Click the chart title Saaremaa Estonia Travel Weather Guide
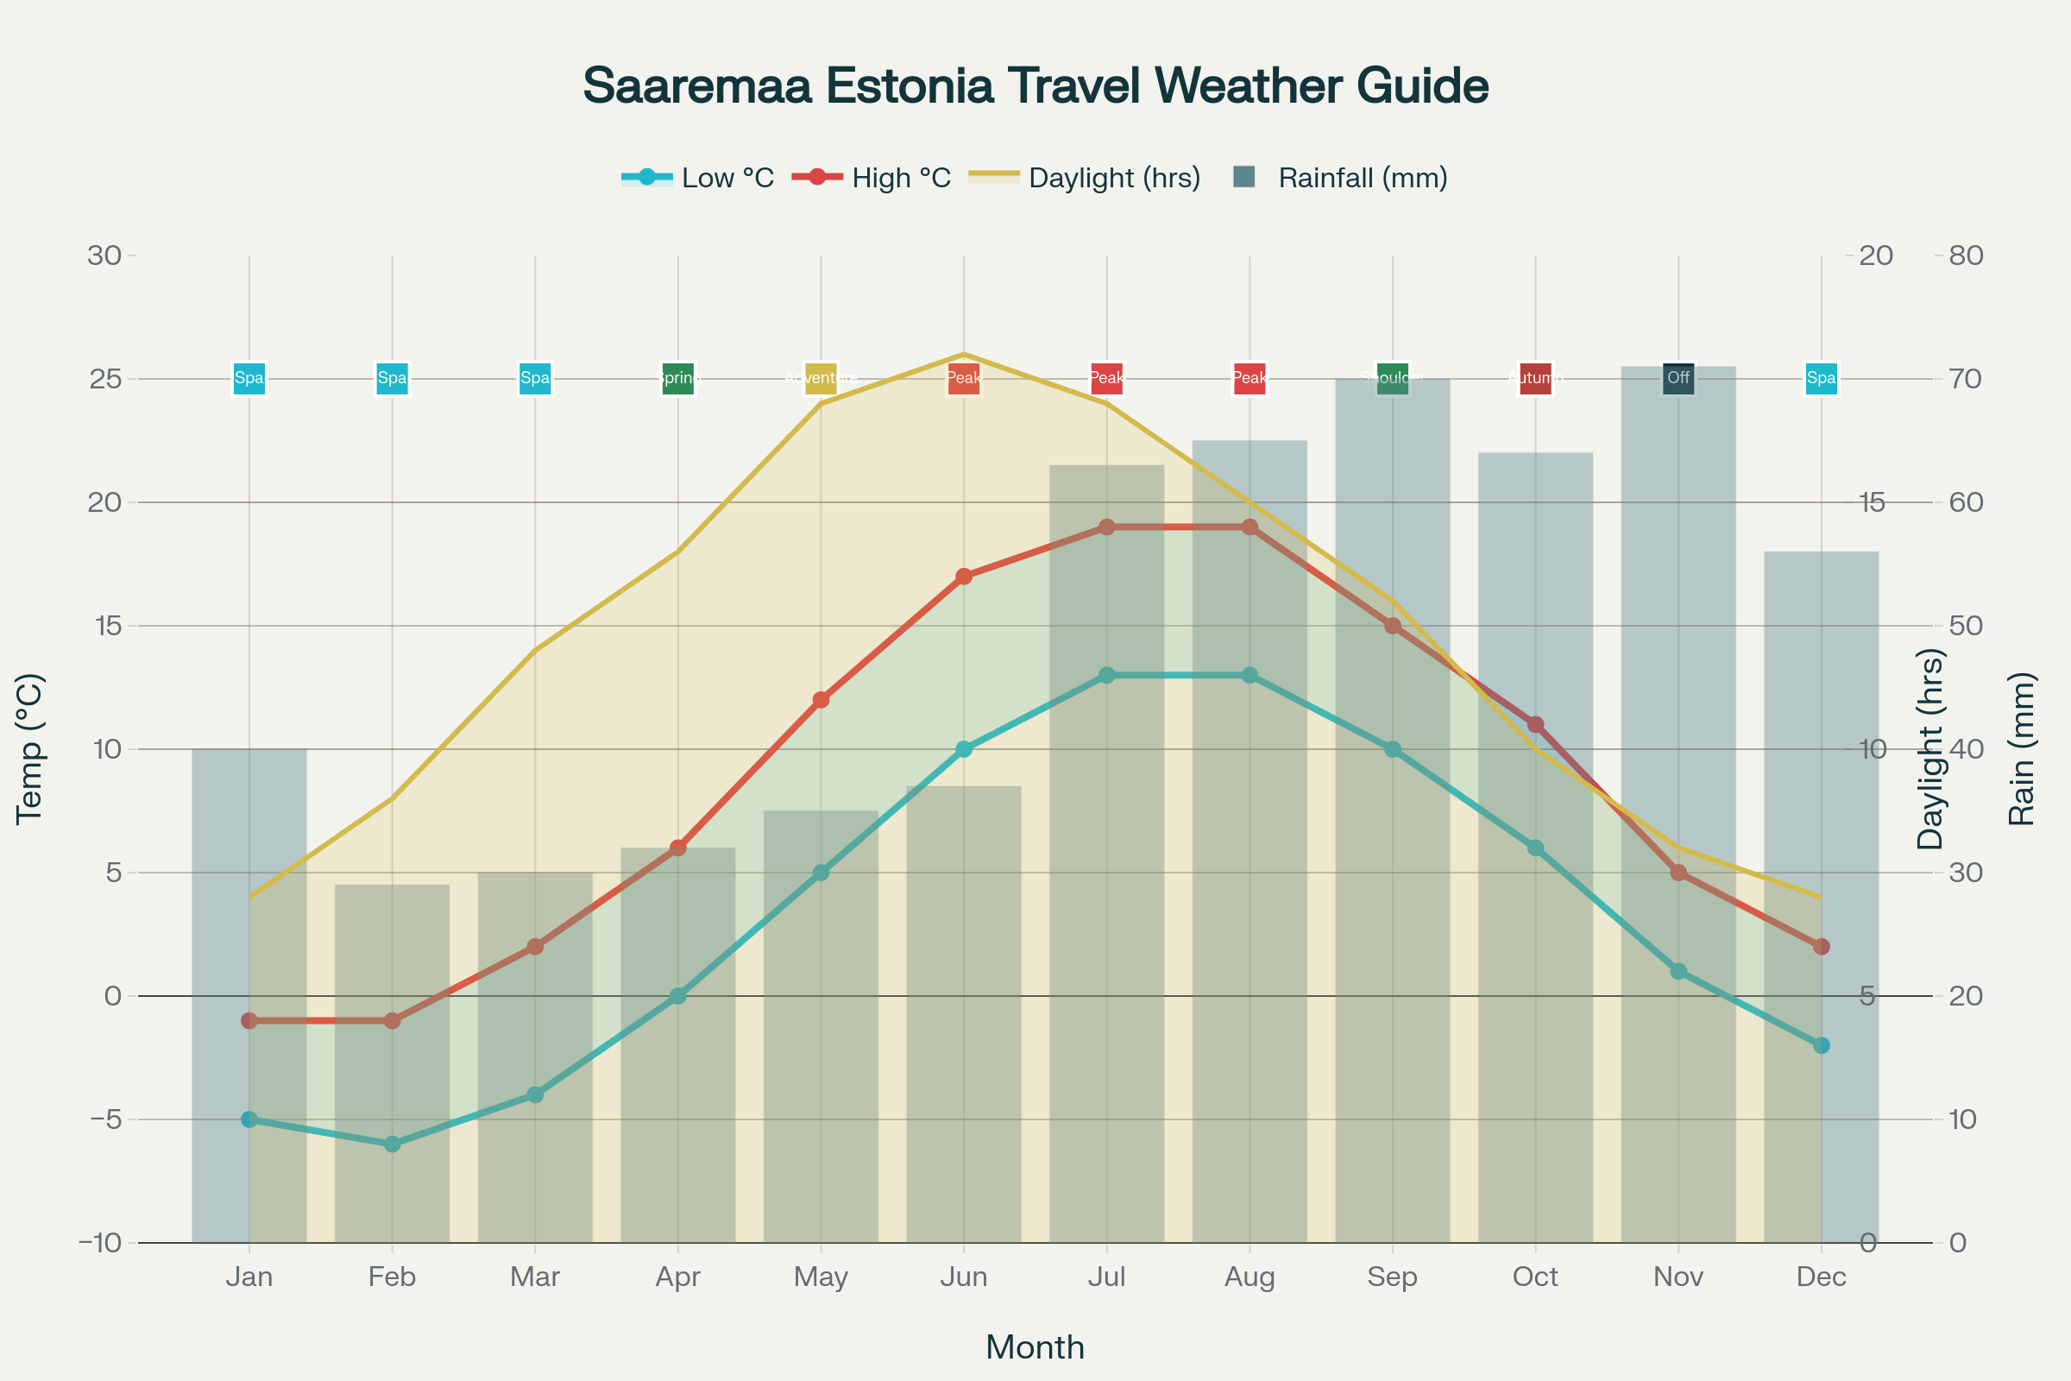pos(1035,86)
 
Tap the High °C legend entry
pos(872,178)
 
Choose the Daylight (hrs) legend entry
pos(1085,178)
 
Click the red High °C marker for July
pos(1107,527)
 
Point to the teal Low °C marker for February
pos(392,1145)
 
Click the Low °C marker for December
pos(1821,1045)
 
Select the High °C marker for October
pos(1536,725)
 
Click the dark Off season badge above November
pos(1678,379)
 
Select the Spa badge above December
pos(1821,379)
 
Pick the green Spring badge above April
pos(678,379)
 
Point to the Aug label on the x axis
pos(1250,1277)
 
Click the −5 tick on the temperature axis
pos(100,1119)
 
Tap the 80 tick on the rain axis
pos(1967,255)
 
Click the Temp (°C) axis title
pos(30,748)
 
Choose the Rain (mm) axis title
pos(2022,748)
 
